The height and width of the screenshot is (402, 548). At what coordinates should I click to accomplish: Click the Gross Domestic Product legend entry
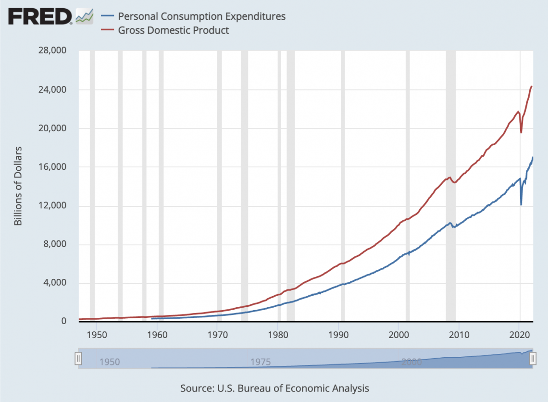pos(174,30)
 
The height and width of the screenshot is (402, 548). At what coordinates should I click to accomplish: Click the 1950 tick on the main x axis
pos(97,334)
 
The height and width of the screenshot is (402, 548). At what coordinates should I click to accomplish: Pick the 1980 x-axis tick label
pos(278,334)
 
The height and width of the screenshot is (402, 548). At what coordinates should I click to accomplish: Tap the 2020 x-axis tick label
pos(519,334)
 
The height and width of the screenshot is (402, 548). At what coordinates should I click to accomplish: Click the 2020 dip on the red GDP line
pos(522,132)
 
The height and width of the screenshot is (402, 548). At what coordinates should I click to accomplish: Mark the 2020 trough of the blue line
pos(521,204)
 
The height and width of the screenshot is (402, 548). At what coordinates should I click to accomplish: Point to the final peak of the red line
pos(532,87)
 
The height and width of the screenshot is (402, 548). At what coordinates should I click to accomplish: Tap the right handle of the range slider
pos(533,359)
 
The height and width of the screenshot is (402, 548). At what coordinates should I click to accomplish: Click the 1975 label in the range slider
pos(261,362)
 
